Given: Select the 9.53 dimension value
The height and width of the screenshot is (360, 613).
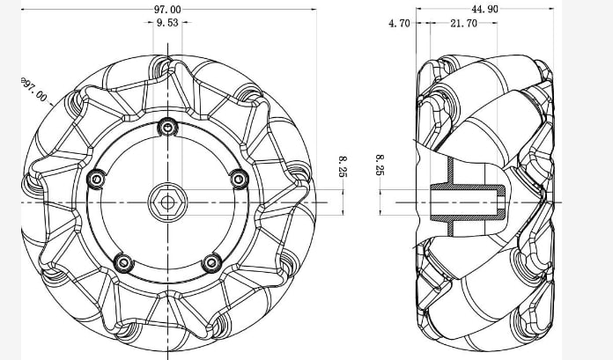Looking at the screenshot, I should (x=167, y=24).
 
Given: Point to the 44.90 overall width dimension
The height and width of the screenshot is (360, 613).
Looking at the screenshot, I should (x=485, y=8).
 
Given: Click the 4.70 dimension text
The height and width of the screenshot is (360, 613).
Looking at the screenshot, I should (x=399, y=24).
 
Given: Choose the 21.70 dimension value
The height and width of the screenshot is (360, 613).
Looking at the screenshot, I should (x=463, y=24).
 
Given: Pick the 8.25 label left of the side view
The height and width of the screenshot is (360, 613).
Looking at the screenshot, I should (x=380, y=165).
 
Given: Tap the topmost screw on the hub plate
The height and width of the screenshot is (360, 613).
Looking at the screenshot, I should (x=166, y=128).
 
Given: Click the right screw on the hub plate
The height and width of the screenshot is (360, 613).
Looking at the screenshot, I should (x=238, y=179).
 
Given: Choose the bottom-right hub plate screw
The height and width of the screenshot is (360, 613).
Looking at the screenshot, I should (x=210, y=262).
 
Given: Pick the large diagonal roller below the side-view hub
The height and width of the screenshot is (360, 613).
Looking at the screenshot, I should (x=480, y=290).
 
